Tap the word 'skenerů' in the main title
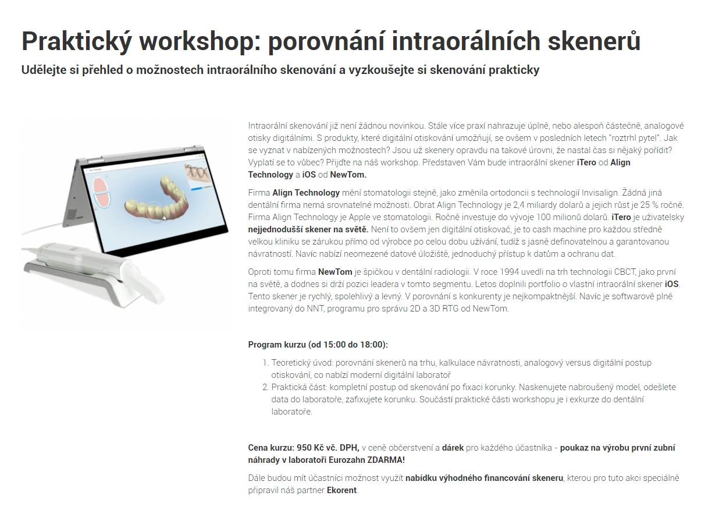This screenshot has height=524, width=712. point(594,41)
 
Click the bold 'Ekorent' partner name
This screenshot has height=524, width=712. point(341,490)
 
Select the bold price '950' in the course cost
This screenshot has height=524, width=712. point(304,448)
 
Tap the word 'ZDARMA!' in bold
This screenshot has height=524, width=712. point(386,460)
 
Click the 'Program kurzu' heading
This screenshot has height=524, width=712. point(277,345)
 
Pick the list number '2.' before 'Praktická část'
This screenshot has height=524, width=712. point(266,388)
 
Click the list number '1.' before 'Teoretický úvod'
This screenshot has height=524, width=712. point(266,363)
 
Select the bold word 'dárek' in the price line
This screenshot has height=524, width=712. point(453,448)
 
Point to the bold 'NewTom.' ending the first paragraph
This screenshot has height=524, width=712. point(348,175)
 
